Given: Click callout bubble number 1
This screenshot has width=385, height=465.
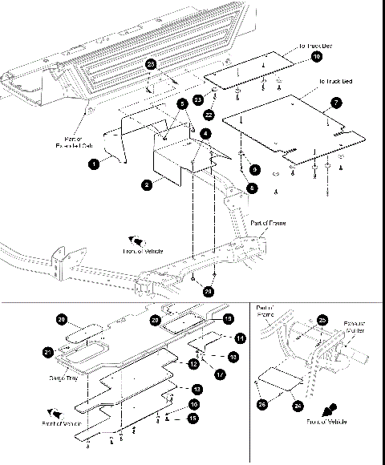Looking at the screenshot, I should click(x=94, y=164).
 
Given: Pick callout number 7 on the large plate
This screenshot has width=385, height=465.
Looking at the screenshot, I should click(x=336, y=103).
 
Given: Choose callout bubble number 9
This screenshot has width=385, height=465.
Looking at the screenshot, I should click(x=254, y=169).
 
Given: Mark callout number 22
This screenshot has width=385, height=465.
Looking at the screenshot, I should click(x=207, y=115).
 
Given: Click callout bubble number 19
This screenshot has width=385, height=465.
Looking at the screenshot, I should click(x=229, y=318).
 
